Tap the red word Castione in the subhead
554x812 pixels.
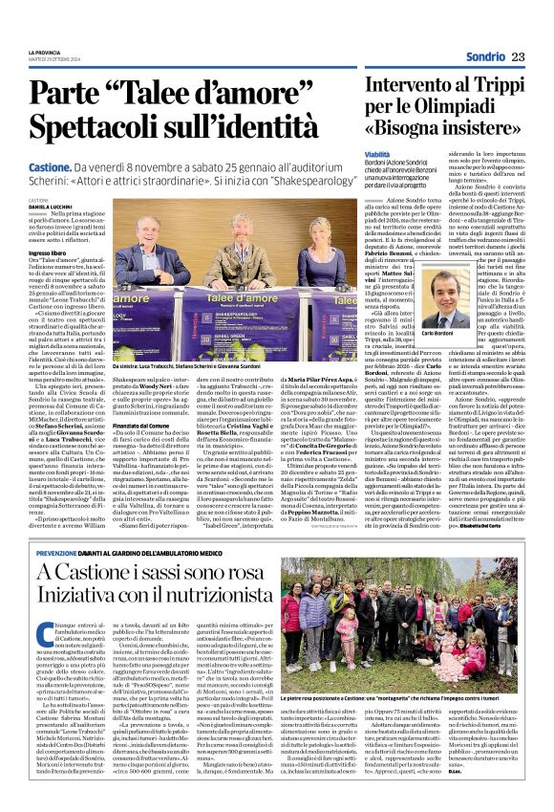click(63, 168)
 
